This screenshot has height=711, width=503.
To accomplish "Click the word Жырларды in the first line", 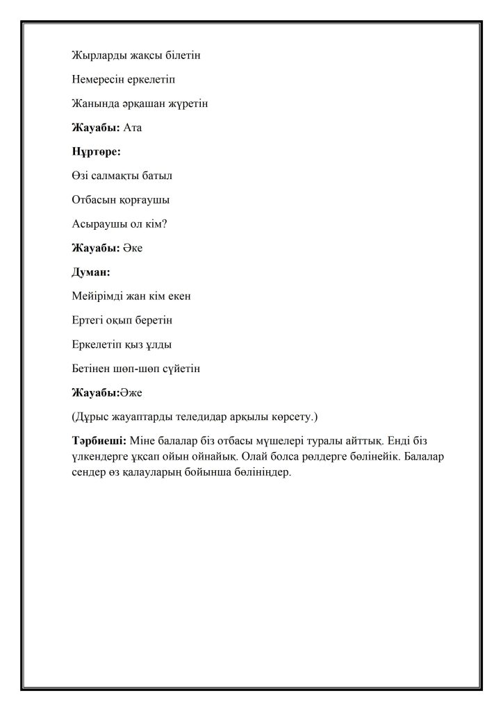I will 94,55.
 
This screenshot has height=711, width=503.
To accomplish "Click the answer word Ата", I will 133,128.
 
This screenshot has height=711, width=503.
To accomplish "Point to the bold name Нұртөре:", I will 97,151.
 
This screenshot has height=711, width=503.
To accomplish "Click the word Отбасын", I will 92,200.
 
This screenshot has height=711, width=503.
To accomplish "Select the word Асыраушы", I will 97,224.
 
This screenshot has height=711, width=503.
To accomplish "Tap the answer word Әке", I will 133,248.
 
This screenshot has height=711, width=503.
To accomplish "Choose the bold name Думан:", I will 91,272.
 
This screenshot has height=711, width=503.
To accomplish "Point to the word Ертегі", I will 88,321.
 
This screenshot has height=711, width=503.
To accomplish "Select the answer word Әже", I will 131,393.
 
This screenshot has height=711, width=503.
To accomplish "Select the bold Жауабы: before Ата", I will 96,128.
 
